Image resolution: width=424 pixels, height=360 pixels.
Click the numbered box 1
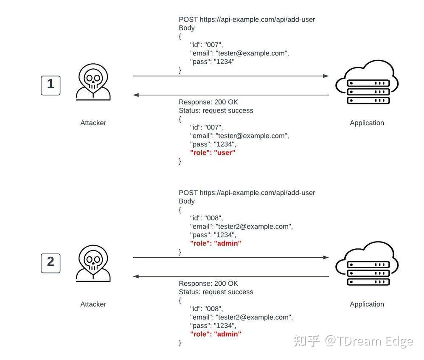pyautogui.click(x=51, y=85)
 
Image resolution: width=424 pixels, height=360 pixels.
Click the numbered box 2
pyautogui.click(x=51, y=263)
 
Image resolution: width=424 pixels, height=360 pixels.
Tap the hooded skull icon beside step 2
pyautogui.click(x=93, y=264)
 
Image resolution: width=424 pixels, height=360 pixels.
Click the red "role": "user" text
pyautogui.click(x=212, y=153)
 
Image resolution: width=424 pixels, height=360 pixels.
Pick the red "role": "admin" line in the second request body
pyautogui.click(x=215, y=243)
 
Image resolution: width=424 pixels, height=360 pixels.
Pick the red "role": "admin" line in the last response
pyautogui.click(x=215, y=334)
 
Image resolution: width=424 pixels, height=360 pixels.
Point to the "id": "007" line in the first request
pyautogui.click(x=206, y=45)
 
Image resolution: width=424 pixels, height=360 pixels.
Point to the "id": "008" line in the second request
pyautogui.click(x=206, y=218)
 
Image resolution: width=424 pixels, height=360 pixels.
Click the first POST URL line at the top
pyautogui.click(x=247, y=20)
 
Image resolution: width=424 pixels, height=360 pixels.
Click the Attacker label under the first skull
pyautogui.click(x=93, y=123)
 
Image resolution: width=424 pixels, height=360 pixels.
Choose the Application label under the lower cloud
pyautogui.click(x=367, y=304)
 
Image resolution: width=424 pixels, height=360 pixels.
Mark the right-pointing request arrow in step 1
pyautogui.click(x=230, y=76)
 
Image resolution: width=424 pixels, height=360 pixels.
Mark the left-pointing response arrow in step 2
pyautogui.click(x=230, y=276)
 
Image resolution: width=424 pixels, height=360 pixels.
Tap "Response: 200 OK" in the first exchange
pyautogui.click(x=208, y=102)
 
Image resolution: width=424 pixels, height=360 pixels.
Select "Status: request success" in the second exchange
pyautogui.click(x=216, y=292)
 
